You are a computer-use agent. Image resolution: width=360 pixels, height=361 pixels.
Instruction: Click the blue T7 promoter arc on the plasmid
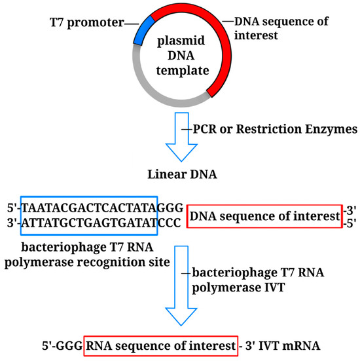click(x=143, y=30)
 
